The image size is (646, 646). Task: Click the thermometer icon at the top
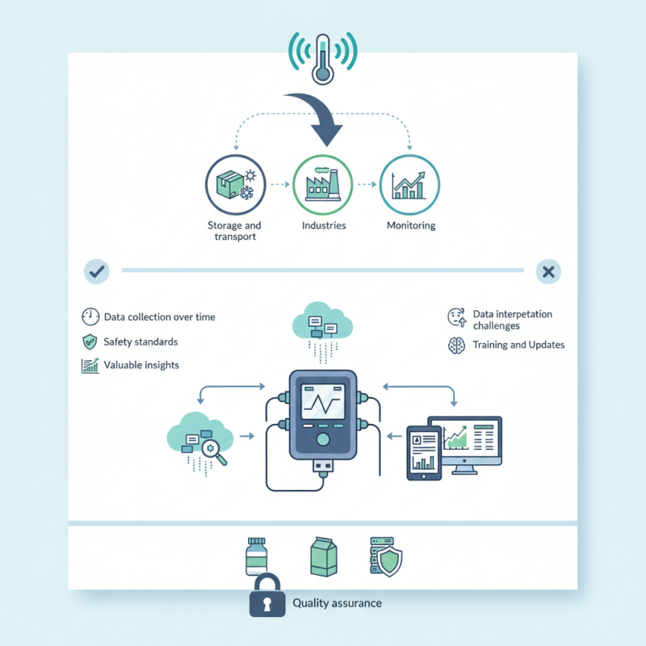coord(322,58)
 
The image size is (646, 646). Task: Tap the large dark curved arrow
coord(317,118)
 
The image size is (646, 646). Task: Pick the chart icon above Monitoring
coord(409,183)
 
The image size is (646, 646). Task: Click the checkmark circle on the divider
coord(96,272)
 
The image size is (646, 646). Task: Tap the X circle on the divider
coord(548,272)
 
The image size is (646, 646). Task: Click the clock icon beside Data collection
coord(90,317)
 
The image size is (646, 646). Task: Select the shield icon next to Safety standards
coord(90,342)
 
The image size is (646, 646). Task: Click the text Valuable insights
coord(141,365)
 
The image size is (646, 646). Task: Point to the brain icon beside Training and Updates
coord(456,345)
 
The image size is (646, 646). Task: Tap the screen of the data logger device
coord(323,401)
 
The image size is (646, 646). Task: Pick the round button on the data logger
coord(323,439)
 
